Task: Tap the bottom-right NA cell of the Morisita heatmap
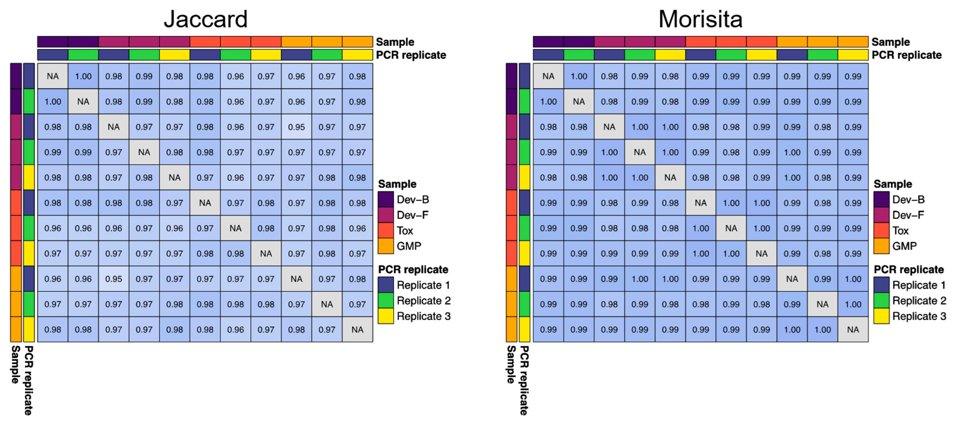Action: pyautogui.click(x=853, y=329)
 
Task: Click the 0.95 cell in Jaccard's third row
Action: pyautogui.click(x=296, y=127)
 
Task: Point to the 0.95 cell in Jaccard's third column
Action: pyautogui.click(x=114, y=279)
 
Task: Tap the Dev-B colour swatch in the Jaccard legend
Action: pyautogui.click(x=386, y=200)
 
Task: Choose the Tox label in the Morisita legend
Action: pyautogui.click(x=900, y=231)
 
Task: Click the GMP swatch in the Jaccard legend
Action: pyautogui.click(x=386, y=246)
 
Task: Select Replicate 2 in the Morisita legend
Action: pyautogui.click(x=919, y=301)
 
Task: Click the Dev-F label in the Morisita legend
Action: pyautogui.click(x=908, y=215)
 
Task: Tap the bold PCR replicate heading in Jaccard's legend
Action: pyautogui.click(x=413, y=269)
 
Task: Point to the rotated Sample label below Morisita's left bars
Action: pyautogui.click(x=511, y=364)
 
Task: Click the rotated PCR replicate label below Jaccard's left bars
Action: pyautogui.click(x=29, y=380)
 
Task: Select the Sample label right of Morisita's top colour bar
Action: pyautogui.click(x=890, y=42)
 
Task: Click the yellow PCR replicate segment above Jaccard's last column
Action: pyautogui.click(x=357, y=55)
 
